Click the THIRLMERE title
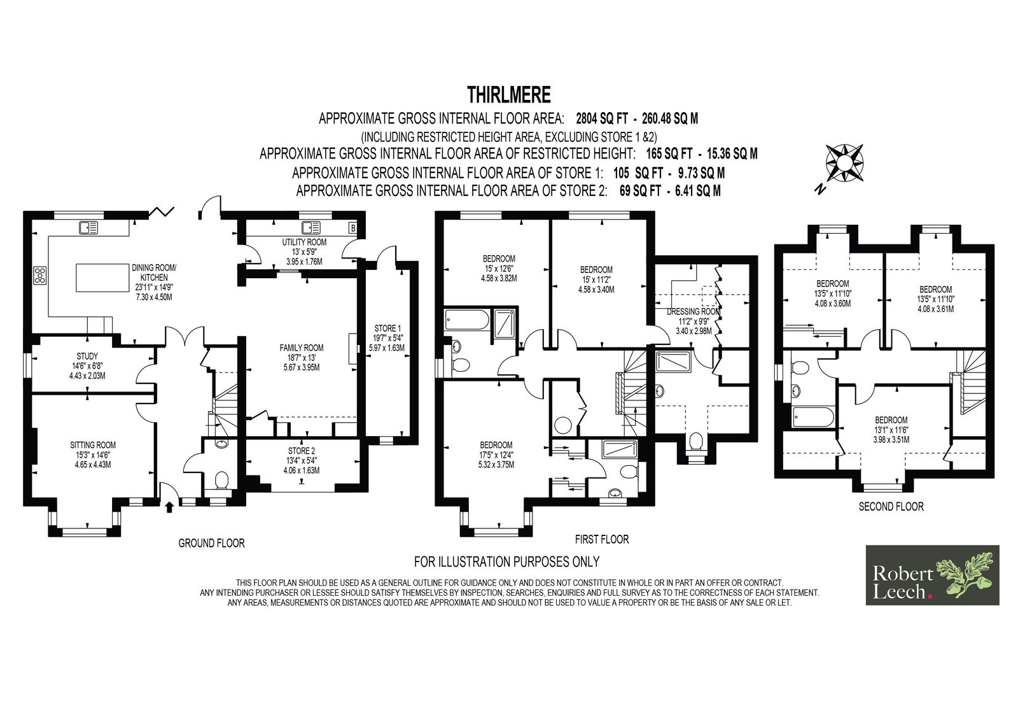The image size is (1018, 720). coord(508,95)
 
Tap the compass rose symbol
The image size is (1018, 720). coord(844,163)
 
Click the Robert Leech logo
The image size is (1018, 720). coord(932,575)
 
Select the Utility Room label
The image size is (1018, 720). coord(304,252)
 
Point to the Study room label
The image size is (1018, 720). coord(87,366)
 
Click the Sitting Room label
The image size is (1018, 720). coord(93,455)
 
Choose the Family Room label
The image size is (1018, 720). coord(302,358)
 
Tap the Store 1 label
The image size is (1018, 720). coord(387,338)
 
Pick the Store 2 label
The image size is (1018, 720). coord(302,461)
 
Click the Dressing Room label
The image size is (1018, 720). coord(694,321)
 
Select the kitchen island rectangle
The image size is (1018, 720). coord(102,278)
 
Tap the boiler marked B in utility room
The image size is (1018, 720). coord(352,228)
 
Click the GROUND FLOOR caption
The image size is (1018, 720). coord(211,543)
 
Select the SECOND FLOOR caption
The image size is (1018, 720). coord(891,506)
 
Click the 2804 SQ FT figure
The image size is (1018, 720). coord(602,118)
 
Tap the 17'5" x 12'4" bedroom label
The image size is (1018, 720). coord(496,455)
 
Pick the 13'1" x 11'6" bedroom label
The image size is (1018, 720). coord(891,430)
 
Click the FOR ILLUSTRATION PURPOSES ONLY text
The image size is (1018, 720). coord(506,562)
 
